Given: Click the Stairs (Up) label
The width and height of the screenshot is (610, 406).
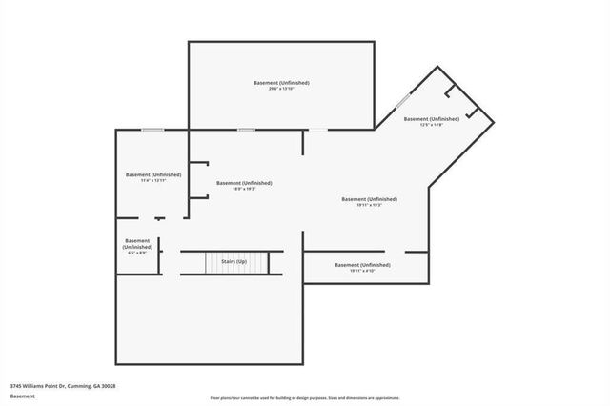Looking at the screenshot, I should [234, 261].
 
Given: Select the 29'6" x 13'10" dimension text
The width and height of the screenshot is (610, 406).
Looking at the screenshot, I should [281, 90].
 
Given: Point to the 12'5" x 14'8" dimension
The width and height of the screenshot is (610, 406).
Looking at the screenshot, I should [431, 125].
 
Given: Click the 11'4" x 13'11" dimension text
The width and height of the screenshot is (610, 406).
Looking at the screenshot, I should [152, 181].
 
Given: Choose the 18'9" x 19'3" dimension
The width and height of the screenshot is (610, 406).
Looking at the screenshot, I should [244, 189].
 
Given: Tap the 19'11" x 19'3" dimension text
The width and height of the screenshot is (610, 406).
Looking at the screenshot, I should [370, 205].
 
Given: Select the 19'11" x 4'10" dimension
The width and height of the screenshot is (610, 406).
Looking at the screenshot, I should [362, 271].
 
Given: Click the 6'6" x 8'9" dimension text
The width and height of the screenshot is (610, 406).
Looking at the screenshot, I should [137, 253].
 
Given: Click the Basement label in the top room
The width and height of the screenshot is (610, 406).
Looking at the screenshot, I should [281, 83].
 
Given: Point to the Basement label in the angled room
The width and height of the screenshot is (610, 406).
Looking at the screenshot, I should [431, 119].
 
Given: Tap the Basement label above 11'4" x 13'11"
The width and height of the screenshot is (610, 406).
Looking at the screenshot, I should [152, 174].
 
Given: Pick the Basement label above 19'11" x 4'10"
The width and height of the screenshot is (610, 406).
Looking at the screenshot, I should [362, 264].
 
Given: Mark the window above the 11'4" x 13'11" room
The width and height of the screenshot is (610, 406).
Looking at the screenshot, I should [152, 130].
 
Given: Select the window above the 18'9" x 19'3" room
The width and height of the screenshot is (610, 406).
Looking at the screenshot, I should [246, 130].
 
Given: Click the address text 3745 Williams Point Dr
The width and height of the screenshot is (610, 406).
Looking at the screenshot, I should [63, 386].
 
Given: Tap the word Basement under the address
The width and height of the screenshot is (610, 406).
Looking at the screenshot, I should [23, 396].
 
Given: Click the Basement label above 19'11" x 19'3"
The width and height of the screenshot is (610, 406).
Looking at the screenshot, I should [370, 198].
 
